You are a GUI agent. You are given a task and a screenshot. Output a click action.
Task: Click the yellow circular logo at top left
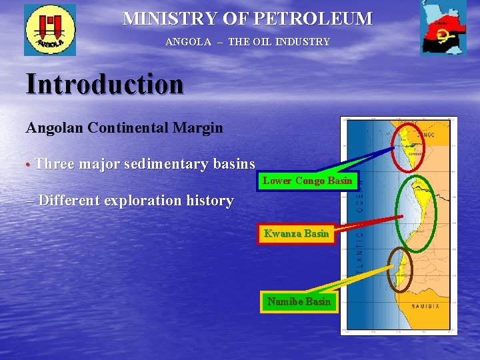pos(50,29)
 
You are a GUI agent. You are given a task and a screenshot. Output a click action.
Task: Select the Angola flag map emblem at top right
pos(443,29)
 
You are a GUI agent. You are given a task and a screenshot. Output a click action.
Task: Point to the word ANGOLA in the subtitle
pos(188,42)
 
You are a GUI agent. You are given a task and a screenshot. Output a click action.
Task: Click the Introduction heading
pos(105,85)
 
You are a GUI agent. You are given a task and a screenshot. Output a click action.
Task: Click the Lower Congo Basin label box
pos(307,181)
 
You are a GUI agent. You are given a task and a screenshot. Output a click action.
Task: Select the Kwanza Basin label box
pos(296,234)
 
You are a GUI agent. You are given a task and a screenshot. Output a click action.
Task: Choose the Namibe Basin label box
pos(298,301)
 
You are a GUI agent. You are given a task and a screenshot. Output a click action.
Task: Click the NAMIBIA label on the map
pos(425,307)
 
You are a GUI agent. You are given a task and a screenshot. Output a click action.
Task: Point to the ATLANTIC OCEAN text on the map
pos(360,227)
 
